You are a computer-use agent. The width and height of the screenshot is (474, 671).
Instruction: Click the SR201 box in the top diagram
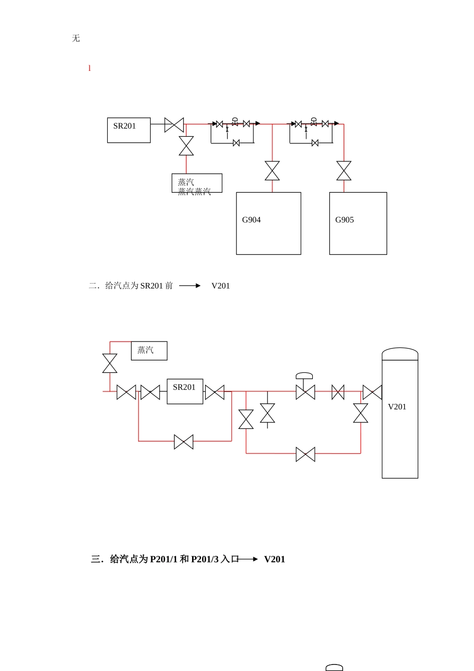129,130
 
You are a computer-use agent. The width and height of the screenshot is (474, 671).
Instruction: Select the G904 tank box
268,223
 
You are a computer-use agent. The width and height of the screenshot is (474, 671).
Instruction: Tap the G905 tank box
358,223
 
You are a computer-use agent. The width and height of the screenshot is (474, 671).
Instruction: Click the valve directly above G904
272,171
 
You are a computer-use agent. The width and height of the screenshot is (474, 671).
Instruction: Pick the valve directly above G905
344,171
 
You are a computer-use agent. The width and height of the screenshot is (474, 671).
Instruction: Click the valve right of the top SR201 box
174,125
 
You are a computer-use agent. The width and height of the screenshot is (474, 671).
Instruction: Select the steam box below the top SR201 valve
197,183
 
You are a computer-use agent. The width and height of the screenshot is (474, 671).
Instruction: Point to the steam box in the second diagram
149,350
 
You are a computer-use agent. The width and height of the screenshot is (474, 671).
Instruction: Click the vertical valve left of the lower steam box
110,363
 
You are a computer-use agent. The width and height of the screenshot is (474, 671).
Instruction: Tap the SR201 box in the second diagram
185,391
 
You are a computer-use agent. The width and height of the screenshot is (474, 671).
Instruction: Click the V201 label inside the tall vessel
397,407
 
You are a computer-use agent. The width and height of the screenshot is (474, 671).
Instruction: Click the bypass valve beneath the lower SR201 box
184,442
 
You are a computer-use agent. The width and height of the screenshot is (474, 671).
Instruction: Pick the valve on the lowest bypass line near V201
305,454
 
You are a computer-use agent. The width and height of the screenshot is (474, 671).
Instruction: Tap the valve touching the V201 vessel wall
372,392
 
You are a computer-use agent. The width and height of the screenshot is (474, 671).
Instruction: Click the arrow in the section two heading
190,286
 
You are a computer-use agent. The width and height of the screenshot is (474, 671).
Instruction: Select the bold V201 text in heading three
274,559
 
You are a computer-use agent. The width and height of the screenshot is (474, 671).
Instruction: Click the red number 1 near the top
89,68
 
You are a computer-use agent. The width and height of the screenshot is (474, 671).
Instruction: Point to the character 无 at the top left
76,38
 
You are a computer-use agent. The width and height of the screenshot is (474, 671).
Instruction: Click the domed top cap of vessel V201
400,353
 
